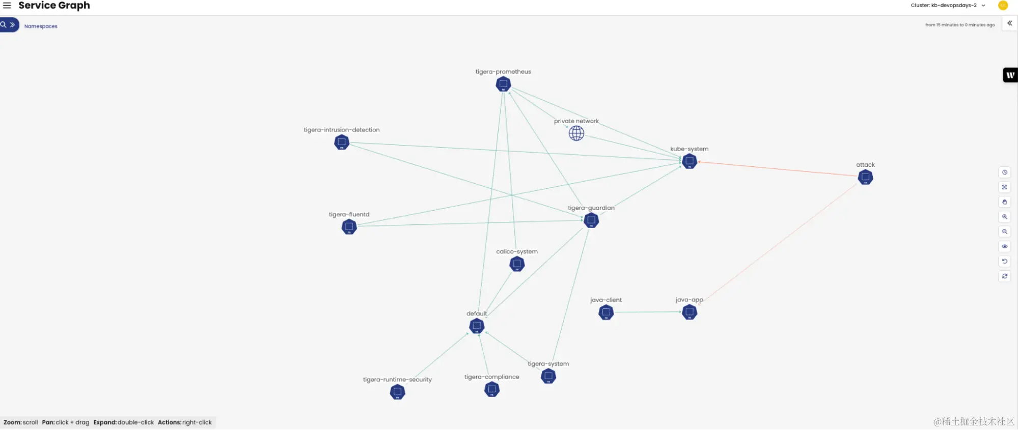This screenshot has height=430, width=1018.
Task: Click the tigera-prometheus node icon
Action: pyautogui.click(x=503, y=84)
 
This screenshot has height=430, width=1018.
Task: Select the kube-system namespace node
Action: pyautogui.click(x=689, y=161)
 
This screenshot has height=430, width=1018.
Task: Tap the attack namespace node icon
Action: pyautogui.click(x=865, y=177)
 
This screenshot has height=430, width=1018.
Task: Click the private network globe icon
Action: pyautogui.click(x=576, y=133)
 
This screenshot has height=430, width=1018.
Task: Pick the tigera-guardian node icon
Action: pyautogui.click(x=591, y=220)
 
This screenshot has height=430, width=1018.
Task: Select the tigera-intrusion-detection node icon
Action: pyautogui.click(x=342, y=142)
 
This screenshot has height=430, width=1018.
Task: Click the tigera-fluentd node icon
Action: pyautogui.click(x=349, y=226)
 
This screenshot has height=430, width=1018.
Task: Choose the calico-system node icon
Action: pyautogui.click(x=517, y=264)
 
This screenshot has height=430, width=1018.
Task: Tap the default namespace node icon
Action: pyautogui.click(x=477, y=326)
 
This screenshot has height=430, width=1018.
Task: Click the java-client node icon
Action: pyautogui.click(x=606, y=312)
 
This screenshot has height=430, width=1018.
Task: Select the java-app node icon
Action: pyautogui.click(x=689, y=312)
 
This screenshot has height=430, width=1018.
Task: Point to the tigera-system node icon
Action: pyautogui.click(x=548, y=376)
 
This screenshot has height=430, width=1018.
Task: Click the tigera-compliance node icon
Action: pyautogui.click(x=491, y=389)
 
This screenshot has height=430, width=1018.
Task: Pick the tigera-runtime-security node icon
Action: pyautogui.click(x=397, y=392)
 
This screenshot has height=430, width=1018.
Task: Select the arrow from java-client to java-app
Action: pyautogui.click(x=647, y=312)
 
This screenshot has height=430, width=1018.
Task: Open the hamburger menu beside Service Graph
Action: pyautogui.click(x=7, y=6)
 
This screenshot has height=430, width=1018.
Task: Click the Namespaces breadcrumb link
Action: pyautogui.click(x=41, y=26)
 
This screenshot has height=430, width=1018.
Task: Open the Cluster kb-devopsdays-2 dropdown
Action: pyautogui.click(x=948, y=6)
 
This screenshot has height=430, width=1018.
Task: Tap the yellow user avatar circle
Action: pyautogui.click(x=1003, y=6)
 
